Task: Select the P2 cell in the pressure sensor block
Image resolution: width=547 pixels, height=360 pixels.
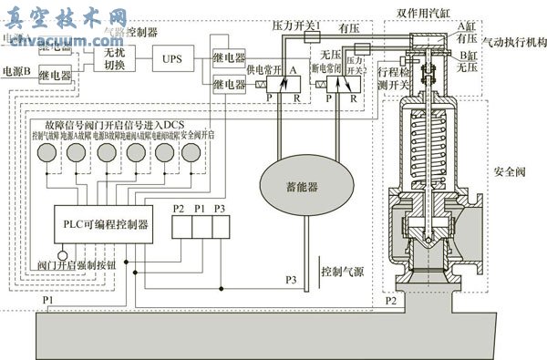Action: point(179,222)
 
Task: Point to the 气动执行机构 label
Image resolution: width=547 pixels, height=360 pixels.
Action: point(512,42)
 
